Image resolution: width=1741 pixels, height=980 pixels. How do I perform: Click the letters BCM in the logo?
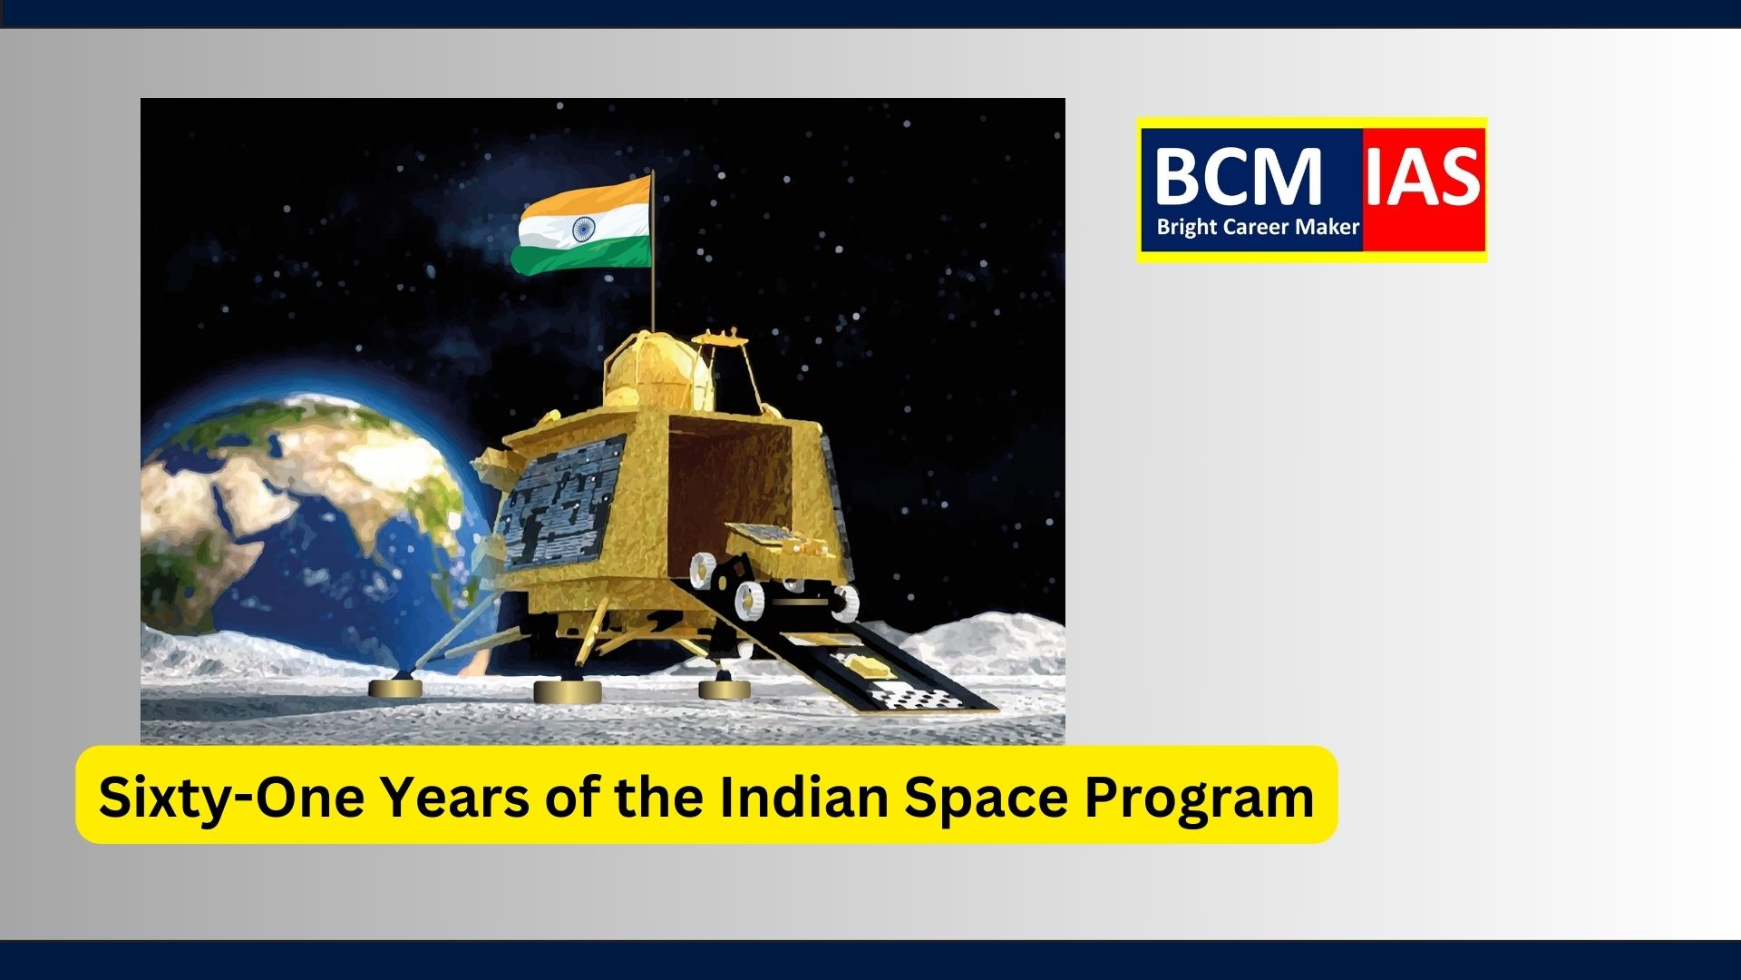coord(1238,177)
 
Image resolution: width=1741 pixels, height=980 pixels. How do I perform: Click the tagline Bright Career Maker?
coord(1258,227)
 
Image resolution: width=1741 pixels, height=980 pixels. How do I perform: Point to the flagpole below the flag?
coord(653,299)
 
